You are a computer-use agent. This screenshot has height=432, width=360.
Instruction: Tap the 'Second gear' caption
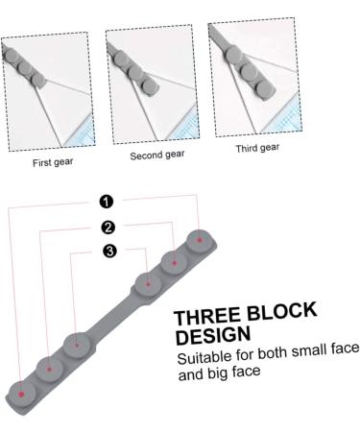click(156, 155)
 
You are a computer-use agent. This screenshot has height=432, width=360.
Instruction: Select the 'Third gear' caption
click(257, 148)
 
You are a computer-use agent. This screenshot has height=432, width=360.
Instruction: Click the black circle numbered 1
click(107, 201)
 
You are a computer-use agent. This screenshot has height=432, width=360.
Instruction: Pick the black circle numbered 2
click(108, 227)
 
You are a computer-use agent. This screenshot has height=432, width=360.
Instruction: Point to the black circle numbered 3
click(110, 252)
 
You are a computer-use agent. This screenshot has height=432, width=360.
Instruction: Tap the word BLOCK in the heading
click(286, 313)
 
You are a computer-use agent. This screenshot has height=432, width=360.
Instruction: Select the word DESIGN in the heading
click(213, 336)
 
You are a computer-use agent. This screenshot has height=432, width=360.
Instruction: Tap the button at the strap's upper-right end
click(200, 239)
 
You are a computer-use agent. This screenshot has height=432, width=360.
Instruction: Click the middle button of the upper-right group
click(174, 261)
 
